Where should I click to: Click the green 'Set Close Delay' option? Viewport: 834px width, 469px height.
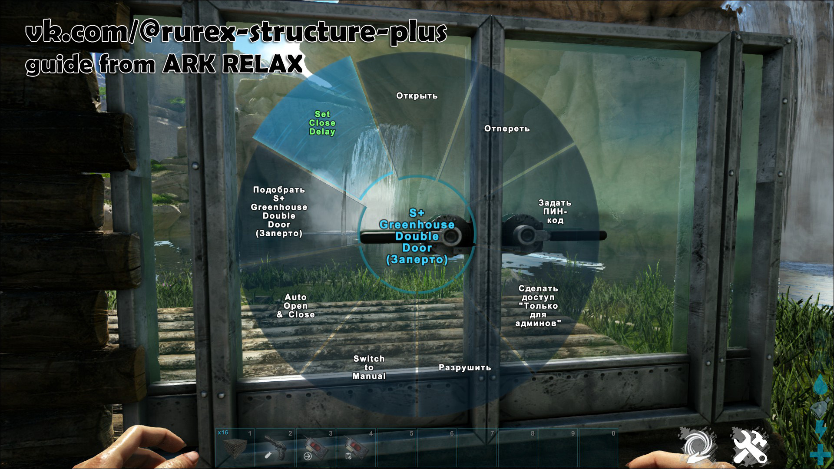coord(322,123)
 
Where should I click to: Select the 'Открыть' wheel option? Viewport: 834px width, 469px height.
coord(417,96)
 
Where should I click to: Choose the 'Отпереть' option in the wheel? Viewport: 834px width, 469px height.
coord(507,129)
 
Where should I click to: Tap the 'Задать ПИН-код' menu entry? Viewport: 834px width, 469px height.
coord(555,211)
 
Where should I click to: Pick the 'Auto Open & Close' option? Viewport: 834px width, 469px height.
coord(296,306)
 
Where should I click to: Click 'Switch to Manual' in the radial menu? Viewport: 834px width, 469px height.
coord(369,367)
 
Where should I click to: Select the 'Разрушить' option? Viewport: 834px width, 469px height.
coord(465,367)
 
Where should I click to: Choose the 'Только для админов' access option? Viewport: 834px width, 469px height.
coord(538,306)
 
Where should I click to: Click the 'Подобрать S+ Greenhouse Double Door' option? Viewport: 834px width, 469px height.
coord(279,211)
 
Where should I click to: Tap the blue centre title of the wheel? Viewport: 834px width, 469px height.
coord(417,236)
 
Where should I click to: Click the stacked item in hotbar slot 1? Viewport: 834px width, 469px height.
coord(235,447)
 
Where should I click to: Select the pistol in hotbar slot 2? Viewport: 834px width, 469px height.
coord(275,447)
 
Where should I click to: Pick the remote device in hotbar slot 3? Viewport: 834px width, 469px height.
coord(316,447)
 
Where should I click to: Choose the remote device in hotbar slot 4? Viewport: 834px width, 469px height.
coord(356,447)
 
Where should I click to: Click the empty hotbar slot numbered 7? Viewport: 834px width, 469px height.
coord(477,447)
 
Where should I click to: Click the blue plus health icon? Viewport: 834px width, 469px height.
coord(820,454)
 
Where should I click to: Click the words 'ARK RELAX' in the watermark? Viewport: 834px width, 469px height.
coord(232,64)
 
